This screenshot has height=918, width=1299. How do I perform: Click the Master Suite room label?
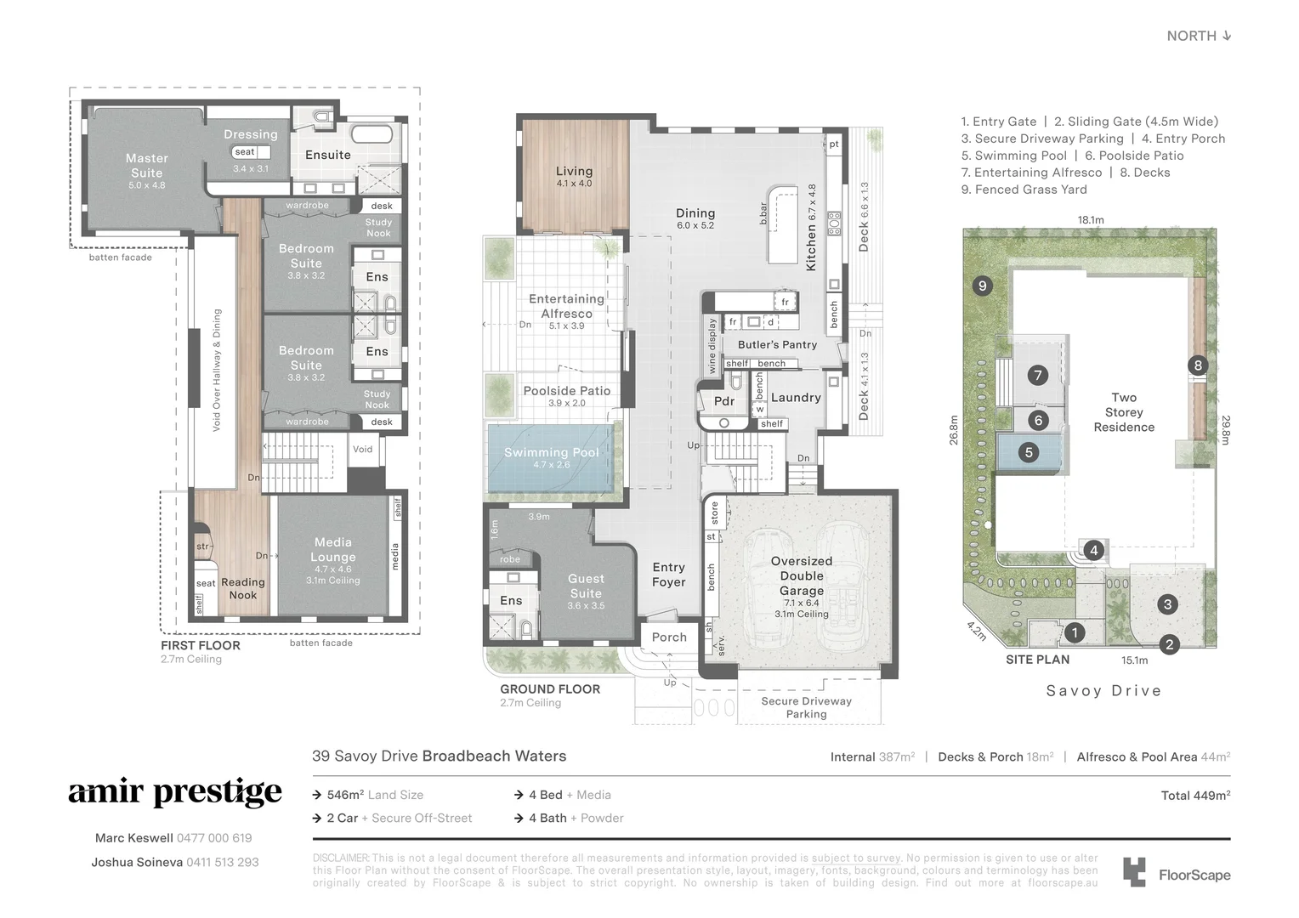tap(147, 166)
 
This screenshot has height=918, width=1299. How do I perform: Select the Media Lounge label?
tap(332, 550)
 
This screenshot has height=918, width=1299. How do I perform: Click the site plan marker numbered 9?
tap(983, 286)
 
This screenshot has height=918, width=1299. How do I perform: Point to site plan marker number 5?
tap(1029, 452)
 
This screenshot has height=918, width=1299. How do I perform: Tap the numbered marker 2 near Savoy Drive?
tap(1169, 644)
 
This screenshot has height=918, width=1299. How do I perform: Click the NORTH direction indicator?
tap(1199, 36)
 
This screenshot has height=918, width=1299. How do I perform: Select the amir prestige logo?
tap(175, 792)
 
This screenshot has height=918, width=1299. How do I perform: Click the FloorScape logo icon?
tap(1134, 873)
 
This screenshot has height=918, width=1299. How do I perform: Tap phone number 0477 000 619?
tap(213, 838)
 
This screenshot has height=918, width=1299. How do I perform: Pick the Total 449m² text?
tap(1195, 796)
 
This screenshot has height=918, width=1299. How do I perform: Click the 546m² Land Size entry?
tap(375, 795)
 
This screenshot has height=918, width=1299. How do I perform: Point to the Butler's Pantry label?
tap(777, 344)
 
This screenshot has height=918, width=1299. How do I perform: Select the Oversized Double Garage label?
tap(801, 575)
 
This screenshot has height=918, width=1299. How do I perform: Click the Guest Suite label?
tap(586, 586)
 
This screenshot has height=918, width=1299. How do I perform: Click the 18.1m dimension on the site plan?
tap(1091, 220)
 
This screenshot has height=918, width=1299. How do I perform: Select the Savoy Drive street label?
tap(1103, 691)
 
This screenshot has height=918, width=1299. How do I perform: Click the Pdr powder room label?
tap(723, 401)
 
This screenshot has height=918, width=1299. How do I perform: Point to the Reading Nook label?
tap(243, 588)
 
